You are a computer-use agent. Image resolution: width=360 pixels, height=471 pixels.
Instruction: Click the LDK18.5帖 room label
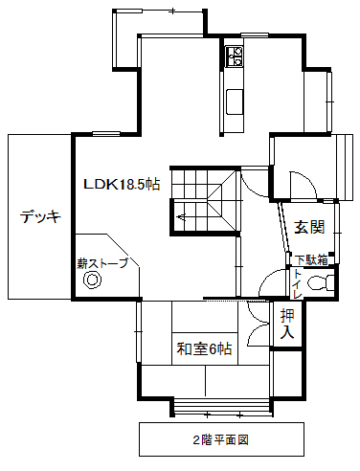(x=122, y=185)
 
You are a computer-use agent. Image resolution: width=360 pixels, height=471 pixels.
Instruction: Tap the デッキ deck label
(x=40, y=217)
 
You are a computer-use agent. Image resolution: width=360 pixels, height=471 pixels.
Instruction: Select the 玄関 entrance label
(x=309, y=227)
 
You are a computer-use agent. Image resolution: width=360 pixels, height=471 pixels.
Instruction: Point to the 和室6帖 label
(x=204, y=348)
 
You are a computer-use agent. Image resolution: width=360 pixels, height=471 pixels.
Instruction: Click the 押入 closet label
(x=286, y=324)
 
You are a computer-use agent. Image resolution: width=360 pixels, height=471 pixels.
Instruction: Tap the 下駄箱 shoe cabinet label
(x=311, y=260)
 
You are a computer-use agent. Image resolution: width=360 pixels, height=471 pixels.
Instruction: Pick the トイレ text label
(x=298, y=284)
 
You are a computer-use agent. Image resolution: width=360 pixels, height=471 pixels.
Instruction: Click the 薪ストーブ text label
(x=102, y=263)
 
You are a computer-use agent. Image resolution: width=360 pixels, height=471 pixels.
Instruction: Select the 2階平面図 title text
(x=221, y=440)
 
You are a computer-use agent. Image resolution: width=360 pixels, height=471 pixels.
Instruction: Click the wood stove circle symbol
(x=92, y=280)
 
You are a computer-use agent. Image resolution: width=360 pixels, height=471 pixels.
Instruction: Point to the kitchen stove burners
(x=234, y=56)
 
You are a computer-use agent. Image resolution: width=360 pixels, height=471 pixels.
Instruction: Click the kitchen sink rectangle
(x=235, y=101)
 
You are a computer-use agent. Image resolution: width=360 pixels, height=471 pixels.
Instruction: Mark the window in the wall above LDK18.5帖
(x=106, y=134)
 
